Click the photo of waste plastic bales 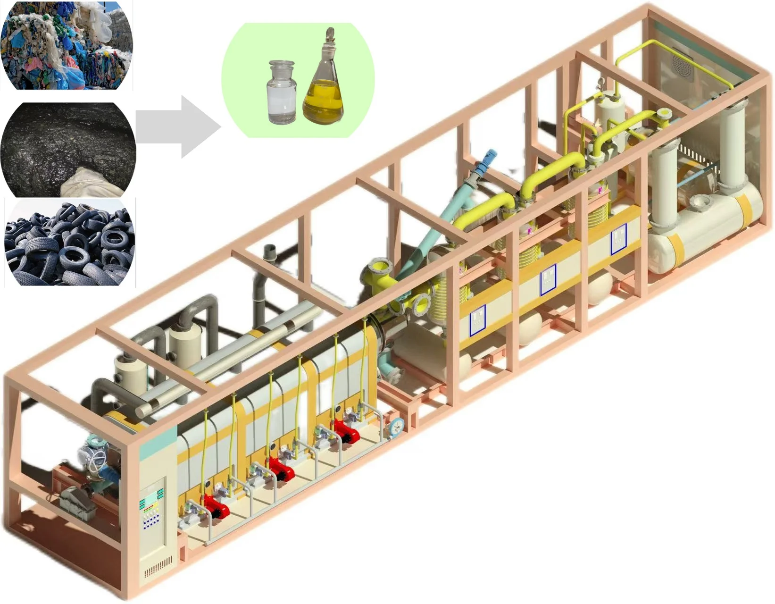click(66, 45)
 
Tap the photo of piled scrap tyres click(69, 243)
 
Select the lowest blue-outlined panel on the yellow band click(477, 320)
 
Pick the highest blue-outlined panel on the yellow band click(618, 239)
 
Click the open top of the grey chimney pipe click(270, 251)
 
